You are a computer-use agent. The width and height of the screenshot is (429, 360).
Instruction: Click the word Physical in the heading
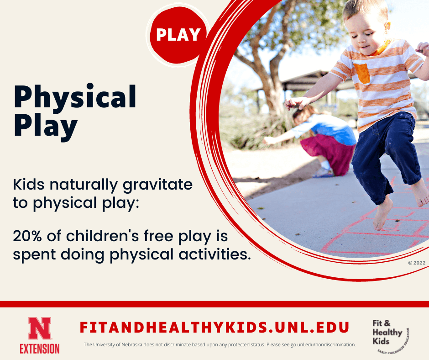pyautogui.click(x=75, y=97)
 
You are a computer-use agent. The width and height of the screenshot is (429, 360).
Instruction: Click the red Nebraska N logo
pyautogui.click(x=39, y=328)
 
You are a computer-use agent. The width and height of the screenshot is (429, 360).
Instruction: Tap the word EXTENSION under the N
pyautogui.click(x=39, y=348)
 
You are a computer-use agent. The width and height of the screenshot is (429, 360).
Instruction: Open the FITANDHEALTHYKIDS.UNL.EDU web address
pyautogui.click(x=214, y=327)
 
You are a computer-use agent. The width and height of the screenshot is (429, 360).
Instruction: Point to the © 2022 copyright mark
pyautogui.click(x=416, y=263)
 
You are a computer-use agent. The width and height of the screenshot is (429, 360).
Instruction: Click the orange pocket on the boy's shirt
pyautogui.click(x=362, y=73)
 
